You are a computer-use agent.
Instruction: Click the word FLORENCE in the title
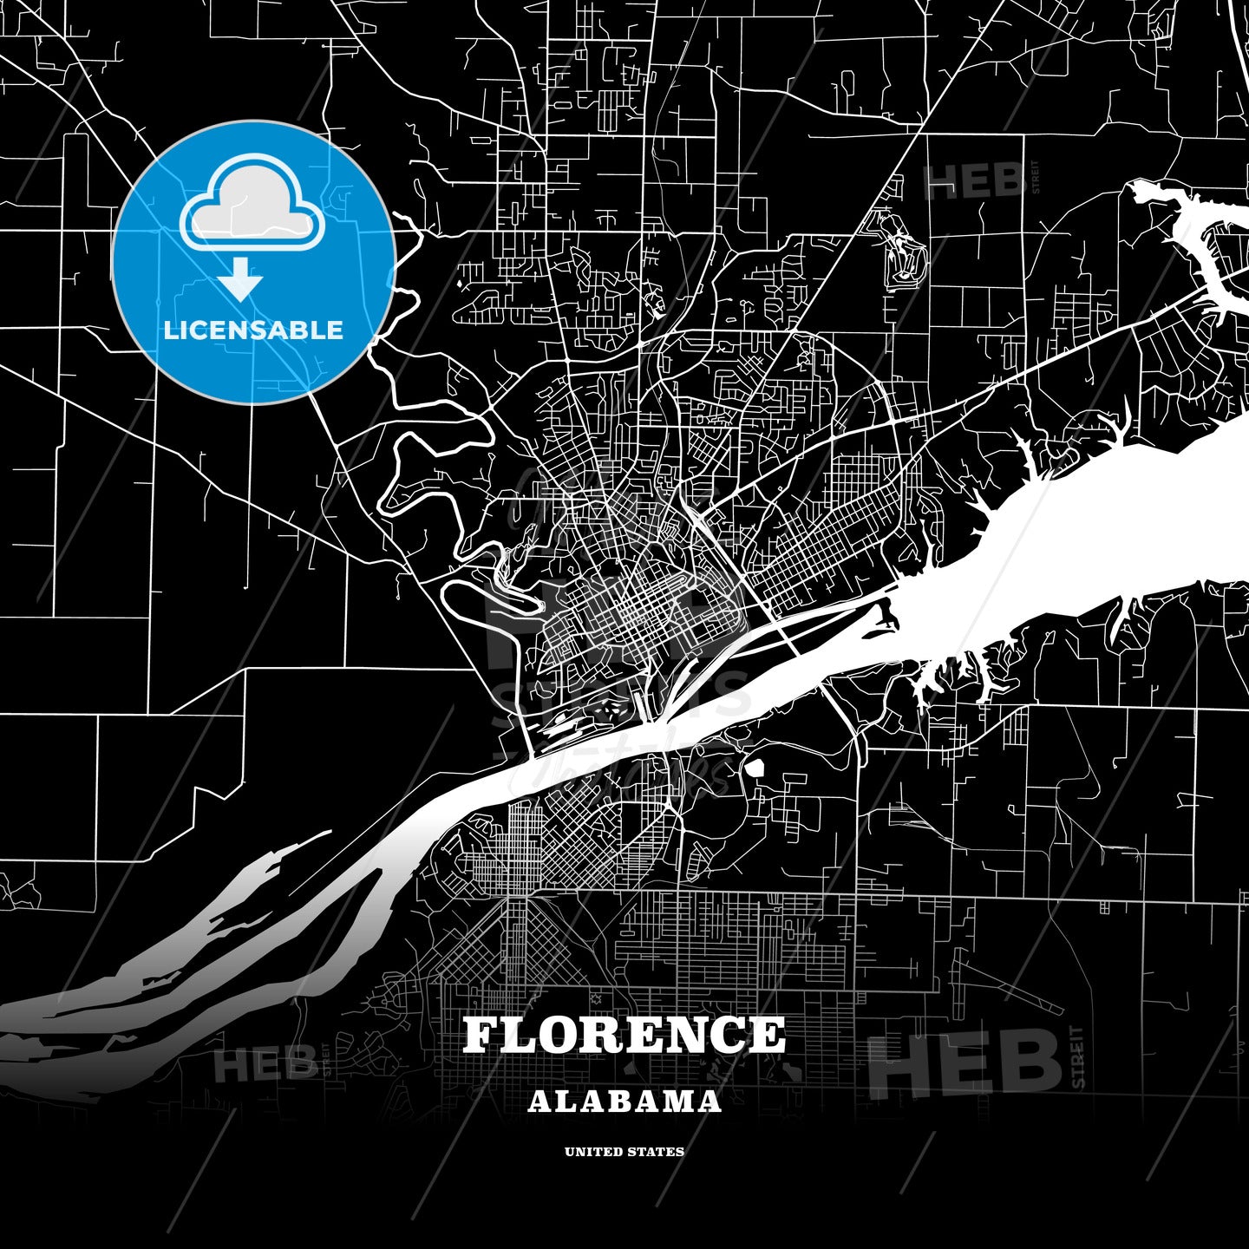pos(624,1036)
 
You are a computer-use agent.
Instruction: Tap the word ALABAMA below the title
pos(624,1102)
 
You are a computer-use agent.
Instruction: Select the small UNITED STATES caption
pos(624,1152)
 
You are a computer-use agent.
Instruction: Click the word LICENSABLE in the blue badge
pos(253,330)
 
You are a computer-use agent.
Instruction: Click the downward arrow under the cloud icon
pos(240,278)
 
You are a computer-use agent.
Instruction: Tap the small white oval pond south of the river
pos(754,768)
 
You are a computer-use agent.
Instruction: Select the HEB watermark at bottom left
pos(265,1064)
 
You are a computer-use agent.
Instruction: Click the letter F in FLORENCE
pos(482,1036)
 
